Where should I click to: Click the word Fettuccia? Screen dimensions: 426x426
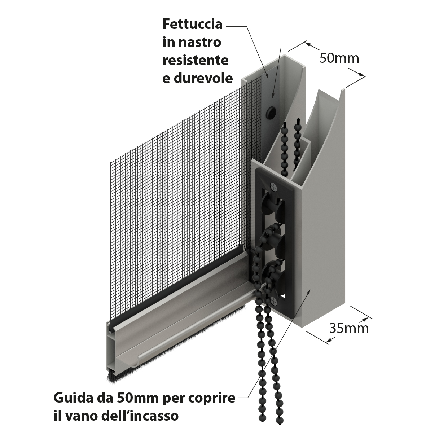(x=192, y=24)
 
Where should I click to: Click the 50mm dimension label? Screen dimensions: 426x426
(x=339, y=58)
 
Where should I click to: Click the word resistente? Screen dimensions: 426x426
(x=196, y=60)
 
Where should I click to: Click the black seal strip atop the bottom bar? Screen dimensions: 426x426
(x=177, y=287)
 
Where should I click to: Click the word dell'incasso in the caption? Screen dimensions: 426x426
(x=140, y=416)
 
